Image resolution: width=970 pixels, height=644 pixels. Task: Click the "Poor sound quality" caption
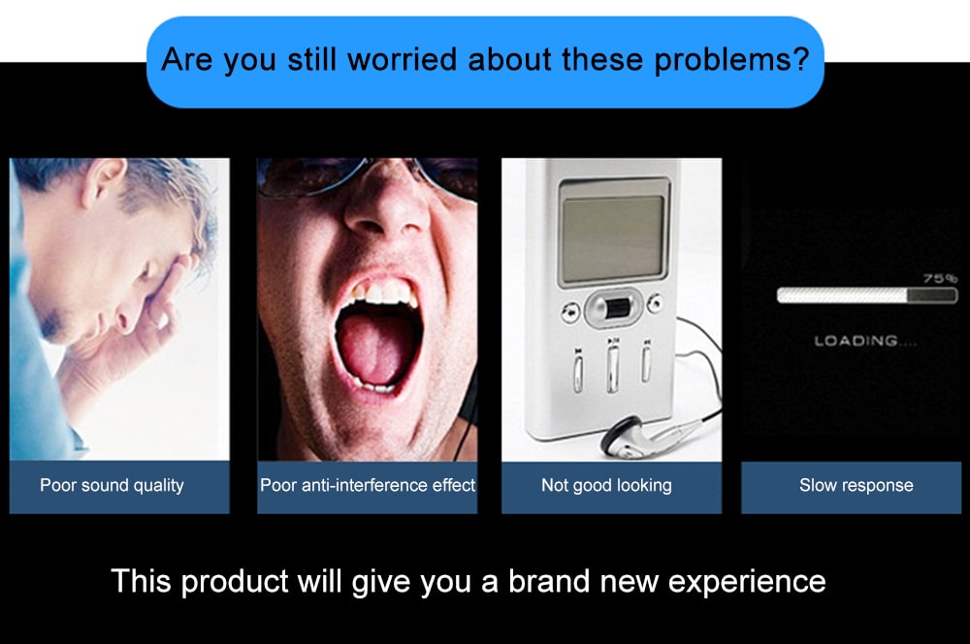(112, 486)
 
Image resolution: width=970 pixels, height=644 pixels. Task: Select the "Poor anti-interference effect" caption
(368, 485)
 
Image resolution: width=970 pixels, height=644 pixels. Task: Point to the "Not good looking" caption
(606, 486)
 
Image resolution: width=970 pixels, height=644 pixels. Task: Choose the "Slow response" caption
(857, 486)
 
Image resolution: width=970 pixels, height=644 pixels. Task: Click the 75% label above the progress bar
(940, 278)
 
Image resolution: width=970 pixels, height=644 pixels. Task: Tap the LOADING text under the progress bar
(865, 340)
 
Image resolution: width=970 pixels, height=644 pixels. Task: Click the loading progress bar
(867, 296)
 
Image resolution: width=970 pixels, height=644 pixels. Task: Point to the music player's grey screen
(614, 238)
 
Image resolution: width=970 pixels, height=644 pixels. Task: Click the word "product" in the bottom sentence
(235, 583)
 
